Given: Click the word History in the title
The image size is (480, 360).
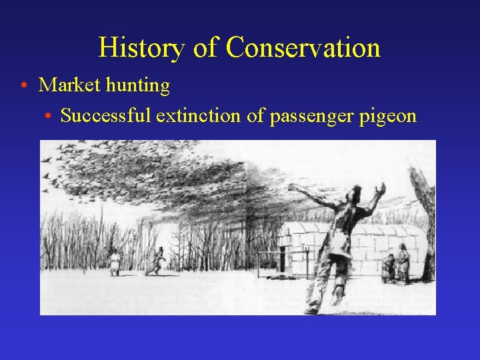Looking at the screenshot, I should pos(141,48).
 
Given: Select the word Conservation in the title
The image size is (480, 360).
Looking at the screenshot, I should pos(303,48).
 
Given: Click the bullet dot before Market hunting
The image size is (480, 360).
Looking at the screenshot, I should pos(23,86).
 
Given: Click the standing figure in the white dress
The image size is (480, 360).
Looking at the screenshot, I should pos(115,261).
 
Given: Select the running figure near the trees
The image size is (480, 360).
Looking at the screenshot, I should pos(159,261).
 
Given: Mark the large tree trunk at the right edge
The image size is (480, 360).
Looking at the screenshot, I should pos(425,220).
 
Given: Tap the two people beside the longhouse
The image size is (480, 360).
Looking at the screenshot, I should pos(397,263).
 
